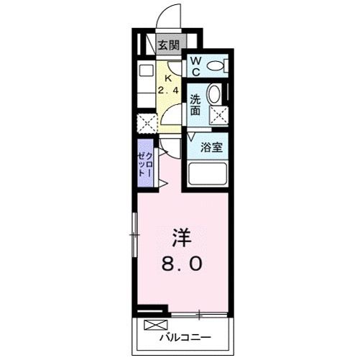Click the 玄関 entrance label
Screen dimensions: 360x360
(170, 45)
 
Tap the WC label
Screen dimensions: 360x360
(195, 66)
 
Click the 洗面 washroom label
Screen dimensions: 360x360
(195, 106)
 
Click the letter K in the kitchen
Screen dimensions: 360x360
(168, 79)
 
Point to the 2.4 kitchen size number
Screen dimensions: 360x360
(167, 91)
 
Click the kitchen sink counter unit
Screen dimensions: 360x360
(146, 83)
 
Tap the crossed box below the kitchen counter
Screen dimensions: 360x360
(147, 123)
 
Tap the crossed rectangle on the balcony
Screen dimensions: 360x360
(153, 324)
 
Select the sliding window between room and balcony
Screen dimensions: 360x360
(200, 314)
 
